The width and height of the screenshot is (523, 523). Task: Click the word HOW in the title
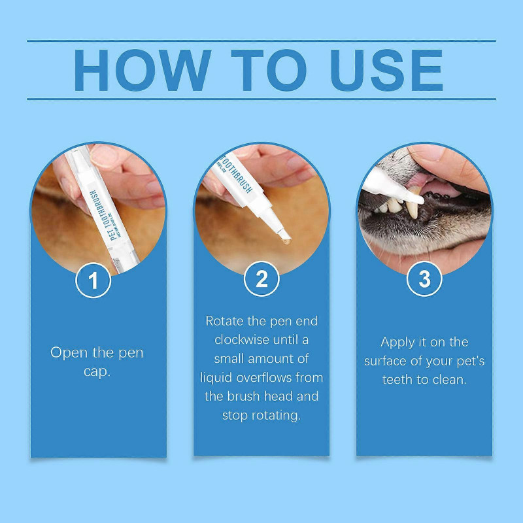[x=141, y=69]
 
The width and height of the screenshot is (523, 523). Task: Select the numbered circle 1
[x=94, y=280]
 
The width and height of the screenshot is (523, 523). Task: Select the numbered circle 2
[x=261, y=280]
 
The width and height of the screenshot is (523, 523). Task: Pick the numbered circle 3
[x=424, y=280]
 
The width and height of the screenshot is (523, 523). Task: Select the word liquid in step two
[x=218, y=378]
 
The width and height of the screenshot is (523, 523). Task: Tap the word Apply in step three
[x=398, y=342]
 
